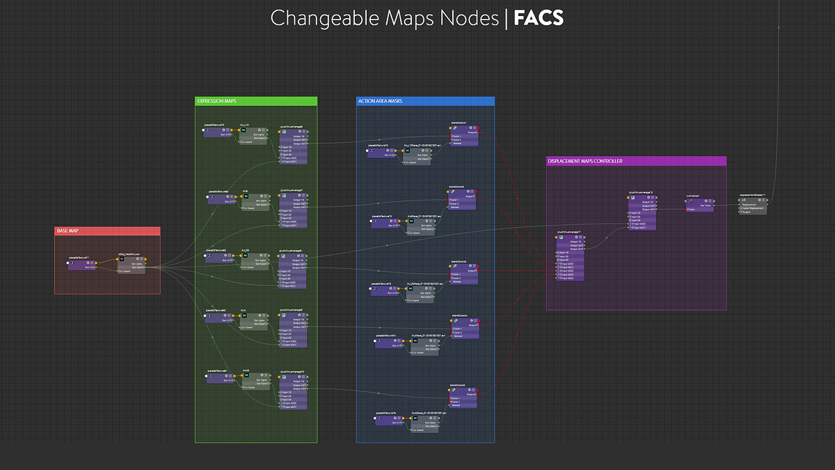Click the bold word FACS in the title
(x=538, y=18)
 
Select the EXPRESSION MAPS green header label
(x=217, y=101)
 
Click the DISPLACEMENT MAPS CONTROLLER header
(x=584, y=161)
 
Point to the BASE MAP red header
(x=68, y=231)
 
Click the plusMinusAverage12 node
(x=642, y=212)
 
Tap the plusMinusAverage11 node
(x=569, y=255)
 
